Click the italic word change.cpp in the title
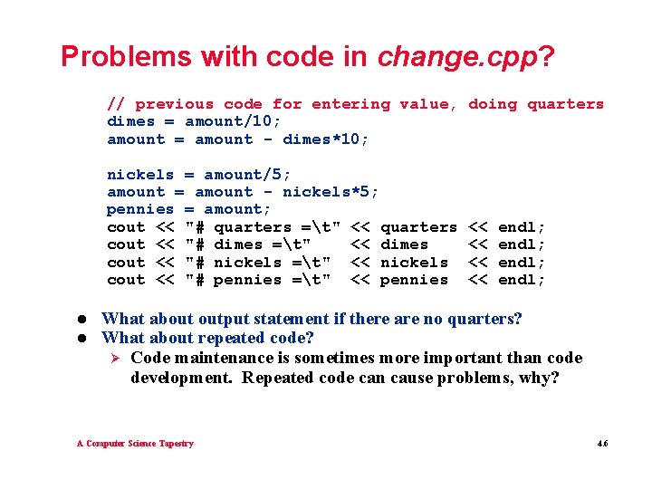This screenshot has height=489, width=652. [457, 57]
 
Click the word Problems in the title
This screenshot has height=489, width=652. [126, 57]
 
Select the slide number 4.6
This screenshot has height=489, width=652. [602, 443]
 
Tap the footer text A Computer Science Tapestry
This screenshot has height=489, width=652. [135, 443]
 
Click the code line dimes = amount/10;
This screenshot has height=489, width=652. [195, 121]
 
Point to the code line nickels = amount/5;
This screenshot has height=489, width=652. [199, 174]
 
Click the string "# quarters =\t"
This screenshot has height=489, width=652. [262, 227]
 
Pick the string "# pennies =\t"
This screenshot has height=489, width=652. [257, 280]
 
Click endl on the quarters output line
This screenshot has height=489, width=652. [522, 227]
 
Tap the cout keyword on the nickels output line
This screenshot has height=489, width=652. [126, 263]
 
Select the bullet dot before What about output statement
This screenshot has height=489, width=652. [81, 319]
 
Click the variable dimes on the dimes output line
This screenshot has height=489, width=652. [404, 244]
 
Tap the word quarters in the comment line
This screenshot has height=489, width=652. [565, 104]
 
